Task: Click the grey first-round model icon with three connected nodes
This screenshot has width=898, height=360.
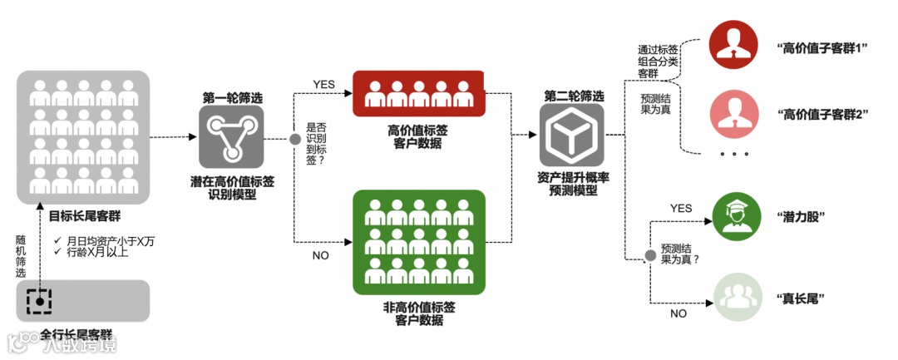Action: [230, 136]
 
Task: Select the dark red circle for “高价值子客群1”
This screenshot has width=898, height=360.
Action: [735, 45]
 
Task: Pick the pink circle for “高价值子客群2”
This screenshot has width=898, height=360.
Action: [735, 114]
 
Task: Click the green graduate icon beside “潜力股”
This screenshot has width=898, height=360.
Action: [735, 216]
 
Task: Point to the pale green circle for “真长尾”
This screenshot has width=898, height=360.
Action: [735, 297]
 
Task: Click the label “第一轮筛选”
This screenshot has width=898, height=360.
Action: [231, 97]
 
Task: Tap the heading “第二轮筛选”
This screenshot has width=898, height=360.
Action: [574, 96]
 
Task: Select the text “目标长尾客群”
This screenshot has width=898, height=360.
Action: [84, 216]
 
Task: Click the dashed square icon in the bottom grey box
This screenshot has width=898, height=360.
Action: [38, 301]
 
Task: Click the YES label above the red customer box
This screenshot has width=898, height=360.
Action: [323, 85]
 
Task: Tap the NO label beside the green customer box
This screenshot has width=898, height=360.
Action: [321, 255]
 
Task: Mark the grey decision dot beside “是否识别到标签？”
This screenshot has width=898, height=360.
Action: [294, 138]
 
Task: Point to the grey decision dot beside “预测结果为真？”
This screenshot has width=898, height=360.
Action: [649, 254]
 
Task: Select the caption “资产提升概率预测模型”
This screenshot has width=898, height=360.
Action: [573, 183]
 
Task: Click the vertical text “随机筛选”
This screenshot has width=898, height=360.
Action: [21, 255]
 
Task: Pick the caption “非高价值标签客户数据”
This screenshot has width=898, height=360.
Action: [419, 313]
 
